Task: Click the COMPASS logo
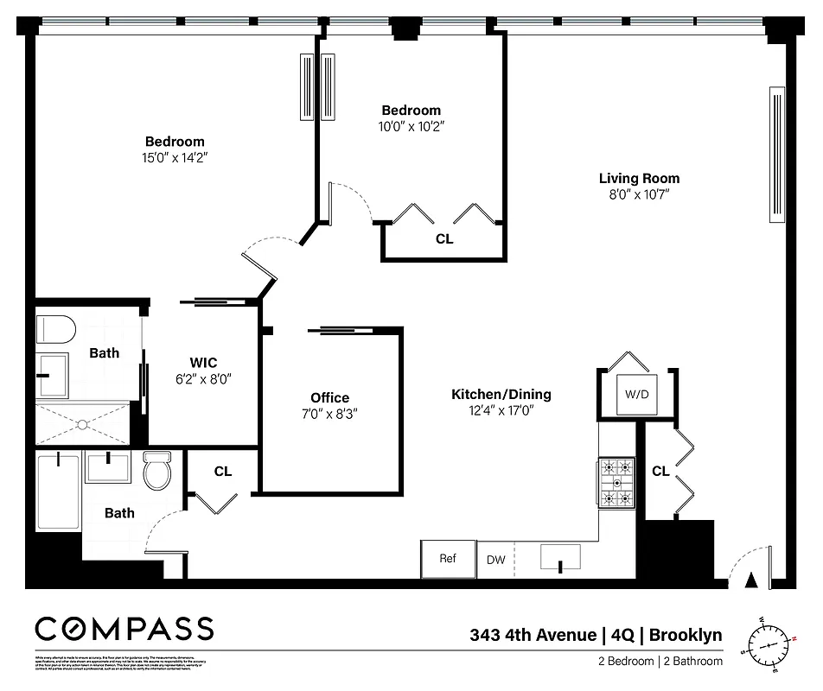pyautogui.click(x=124, y=628)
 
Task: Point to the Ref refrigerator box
pyautogui.click(x=447, y=559)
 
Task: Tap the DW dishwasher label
pyautogui.click(x=495, y=560)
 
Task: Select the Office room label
pyautogui.click(x=329, y=397)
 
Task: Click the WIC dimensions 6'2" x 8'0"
pyautogui.click(x=205, y=378)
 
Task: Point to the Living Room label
pyautogui.click(x=639, y=179)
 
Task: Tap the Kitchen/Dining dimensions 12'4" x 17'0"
pyautogui.click(x=501, y=411)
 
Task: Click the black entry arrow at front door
pyautogui.click(x=750, y=580)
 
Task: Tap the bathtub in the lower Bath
pyautogui.click(x=58, y=492)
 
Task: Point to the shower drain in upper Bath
pyautogui.click(x=82, y=424)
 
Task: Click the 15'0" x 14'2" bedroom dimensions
pyautogui.click(x=175, y=158)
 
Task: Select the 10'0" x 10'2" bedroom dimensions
pyautogui.click(x=411, y=126)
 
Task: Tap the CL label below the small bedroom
pyautogui.click(x=443, y=239)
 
